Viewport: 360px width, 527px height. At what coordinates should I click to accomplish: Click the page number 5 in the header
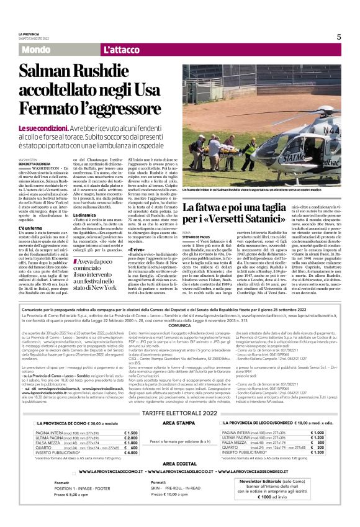tap(338, 37)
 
